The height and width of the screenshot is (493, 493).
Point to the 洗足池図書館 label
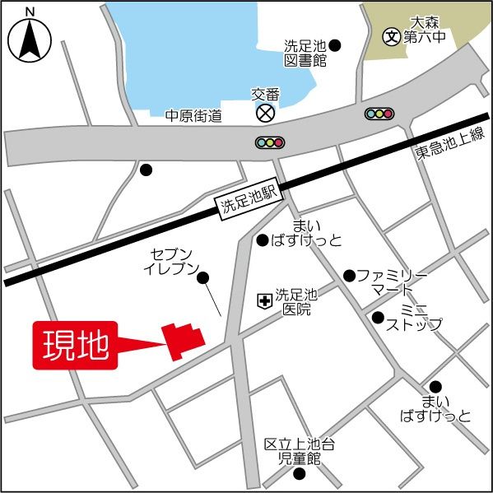click(305, 53)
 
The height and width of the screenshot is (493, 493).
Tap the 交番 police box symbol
click(265, 112)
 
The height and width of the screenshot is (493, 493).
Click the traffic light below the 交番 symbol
click(269, 142)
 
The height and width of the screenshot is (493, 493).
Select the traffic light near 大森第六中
click(379, 113)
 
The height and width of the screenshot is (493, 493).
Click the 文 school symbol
click(392, 36)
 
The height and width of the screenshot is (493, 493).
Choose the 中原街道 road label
click(194, 116)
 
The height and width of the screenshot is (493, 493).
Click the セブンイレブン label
click(171, 261)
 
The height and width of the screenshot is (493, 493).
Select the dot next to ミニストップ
click(378, 317)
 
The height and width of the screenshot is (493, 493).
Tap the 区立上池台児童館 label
click(299, 451)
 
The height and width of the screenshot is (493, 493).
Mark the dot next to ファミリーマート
click(350, 275)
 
